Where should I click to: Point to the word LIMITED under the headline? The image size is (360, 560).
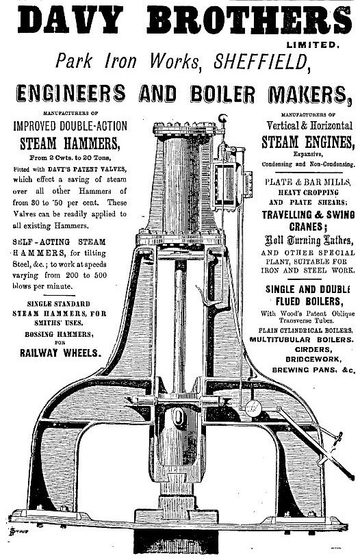tap(312, 45)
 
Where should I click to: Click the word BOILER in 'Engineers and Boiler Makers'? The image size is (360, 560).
tap(222, 94)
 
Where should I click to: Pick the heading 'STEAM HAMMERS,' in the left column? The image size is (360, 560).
tap(69, 144)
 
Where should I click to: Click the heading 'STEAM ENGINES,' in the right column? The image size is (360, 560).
tap(308, 142)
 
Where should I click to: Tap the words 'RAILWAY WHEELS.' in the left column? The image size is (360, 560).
tap(60, 353)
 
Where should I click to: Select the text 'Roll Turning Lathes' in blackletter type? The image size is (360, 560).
tap(309, 240)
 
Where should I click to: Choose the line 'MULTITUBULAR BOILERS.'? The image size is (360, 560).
tap(301, 340)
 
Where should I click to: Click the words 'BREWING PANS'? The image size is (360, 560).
tap(305, 370)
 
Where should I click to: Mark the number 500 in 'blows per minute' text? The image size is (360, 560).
tap(100, 275)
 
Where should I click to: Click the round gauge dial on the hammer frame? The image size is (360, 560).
tap(253, 408)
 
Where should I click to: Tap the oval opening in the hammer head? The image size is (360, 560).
tap(177, 417)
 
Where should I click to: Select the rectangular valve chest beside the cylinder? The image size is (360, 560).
tap(226, 186)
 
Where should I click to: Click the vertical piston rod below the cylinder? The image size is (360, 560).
tap(179, 327)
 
